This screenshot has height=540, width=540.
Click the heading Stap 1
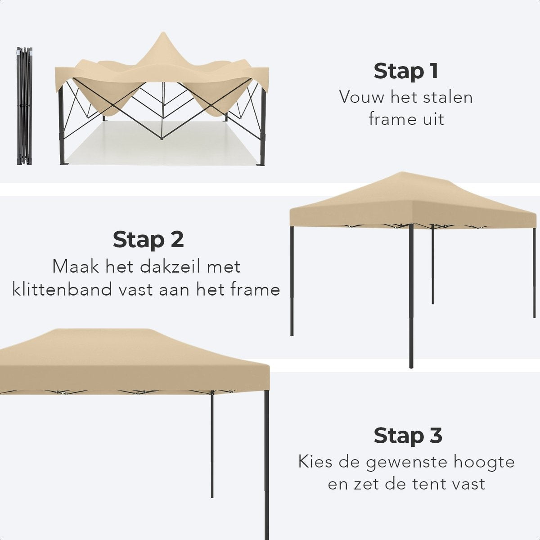(x=406, y=71)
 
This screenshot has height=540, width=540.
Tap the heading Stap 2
(x=148, y=239)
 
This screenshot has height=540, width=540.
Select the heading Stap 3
(x=408, y=436)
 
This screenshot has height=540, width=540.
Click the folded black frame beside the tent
(x=24, y=106)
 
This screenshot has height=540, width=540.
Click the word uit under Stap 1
(x=432, y=119)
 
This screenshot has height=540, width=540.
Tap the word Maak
(x=75, y=266)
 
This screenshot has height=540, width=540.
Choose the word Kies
(x=314, y=462)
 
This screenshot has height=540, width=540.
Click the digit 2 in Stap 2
(x=176, y=239)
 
